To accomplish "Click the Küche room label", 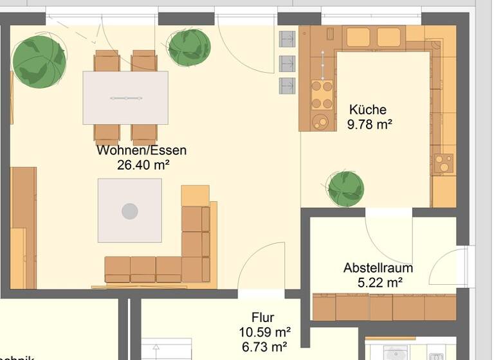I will [368, 109].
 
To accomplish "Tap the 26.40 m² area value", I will [143, 165].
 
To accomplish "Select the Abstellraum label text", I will [378, 267].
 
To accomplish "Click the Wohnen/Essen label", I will [142, 150].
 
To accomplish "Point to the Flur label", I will [262, 318].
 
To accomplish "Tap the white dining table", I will [125, 98].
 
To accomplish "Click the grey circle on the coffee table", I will [130, 211].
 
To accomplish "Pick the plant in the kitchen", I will [345, 189].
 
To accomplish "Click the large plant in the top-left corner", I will [39, 60].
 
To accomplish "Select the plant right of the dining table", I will [188, 47].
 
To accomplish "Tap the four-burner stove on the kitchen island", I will [322, 94].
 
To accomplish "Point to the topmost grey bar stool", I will [287, 39].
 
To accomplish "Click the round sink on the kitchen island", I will [320, 120].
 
